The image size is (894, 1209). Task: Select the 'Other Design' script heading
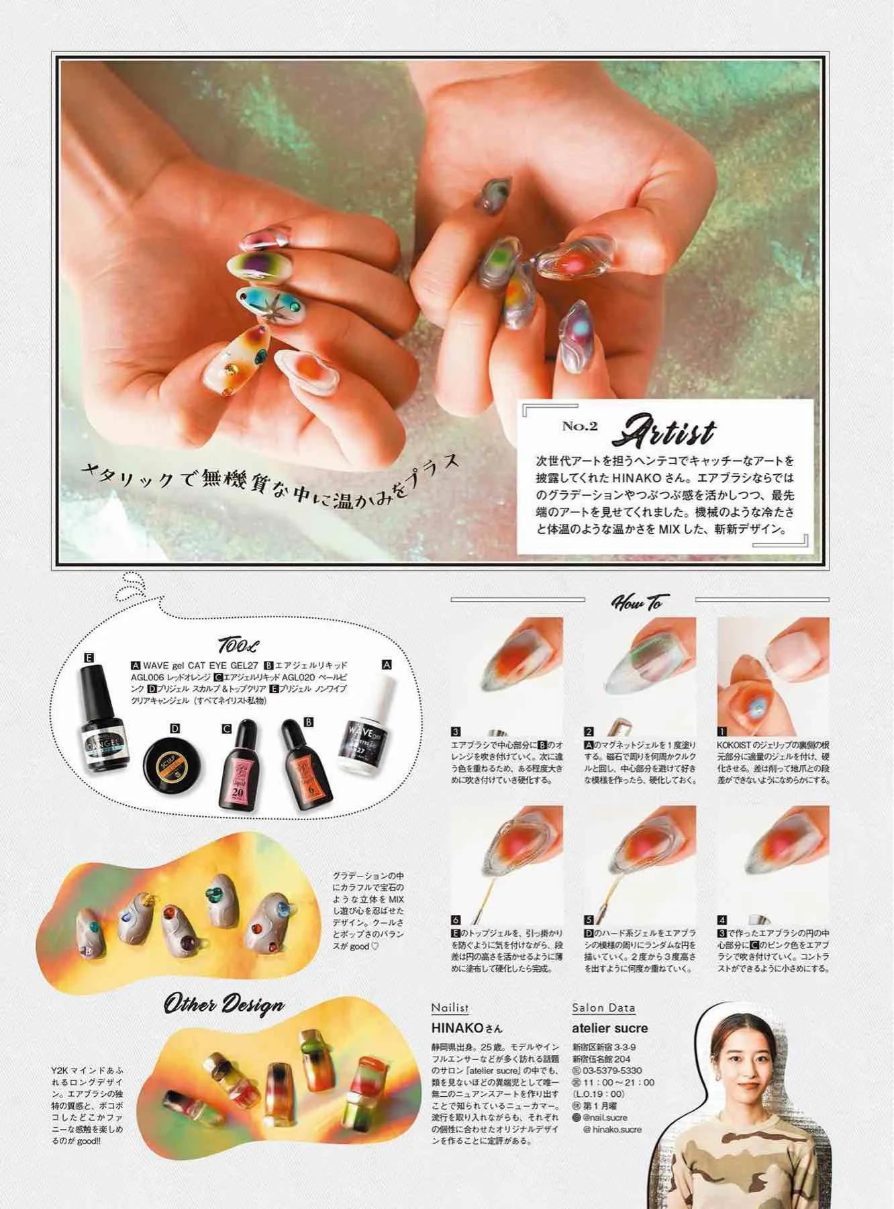(x=224, y=1005)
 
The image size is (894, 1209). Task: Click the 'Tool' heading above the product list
(x=236, y=645)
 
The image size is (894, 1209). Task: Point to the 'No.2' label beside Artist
(x=579, y=426)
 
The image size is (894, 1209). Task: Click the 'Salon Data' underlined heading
(x=603, y=1007)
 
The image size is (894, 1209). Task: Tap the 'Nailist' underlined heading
(x=450, y=1007)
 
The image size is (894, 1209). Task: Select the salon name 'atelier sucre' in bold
(x=609, y=1028)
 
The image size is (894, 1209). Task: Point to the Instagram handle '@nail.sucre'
(x=605, y=1117)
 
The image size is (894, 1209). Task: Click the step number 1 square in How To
(x=722, y=731)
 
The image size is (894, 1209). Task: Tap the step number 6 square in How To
(x=455, y=920)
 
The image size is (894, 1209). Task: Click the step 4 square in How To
(x=722, y=920)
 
